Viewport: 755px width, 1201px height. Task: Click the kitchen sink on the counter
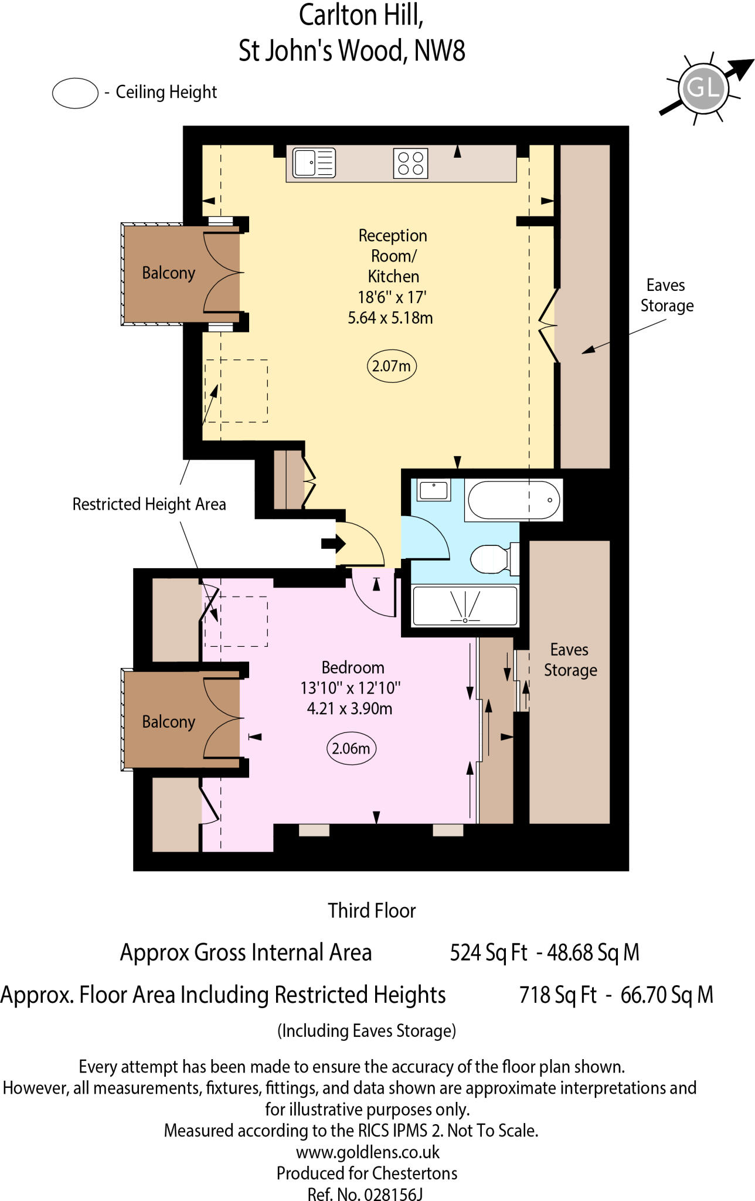314,162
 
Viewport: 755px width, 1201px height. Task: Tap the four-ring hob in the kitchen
410,162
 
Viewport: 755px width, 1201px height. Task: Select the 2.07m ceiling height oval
391,366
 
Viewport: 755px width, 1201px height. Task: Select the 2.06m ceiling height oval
351,748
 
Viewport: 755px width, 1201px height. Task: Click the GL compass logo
703,89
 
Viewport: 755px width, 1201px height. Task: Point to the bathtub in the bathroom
513,500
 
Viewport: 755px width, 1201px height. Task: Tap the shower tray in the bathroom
465,606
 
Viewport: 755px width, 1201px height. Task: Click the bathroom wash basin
434,490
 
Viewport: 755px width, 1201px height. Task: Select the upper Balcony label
168,273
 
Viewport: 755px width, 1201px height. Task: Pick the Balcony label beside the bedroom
168,721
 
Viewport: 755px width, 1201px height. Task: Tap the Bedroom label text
353,667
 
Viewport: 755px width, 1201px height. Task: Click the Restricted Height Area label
149,504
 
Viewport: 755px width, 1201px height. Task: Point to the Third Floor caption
372,910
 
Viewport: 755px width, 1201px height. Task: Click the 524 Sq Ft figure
488,952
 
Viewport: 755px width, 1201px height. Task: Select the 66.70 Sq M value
667,995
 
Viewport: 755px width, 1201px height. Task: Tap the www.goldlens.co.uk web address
368,1152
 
